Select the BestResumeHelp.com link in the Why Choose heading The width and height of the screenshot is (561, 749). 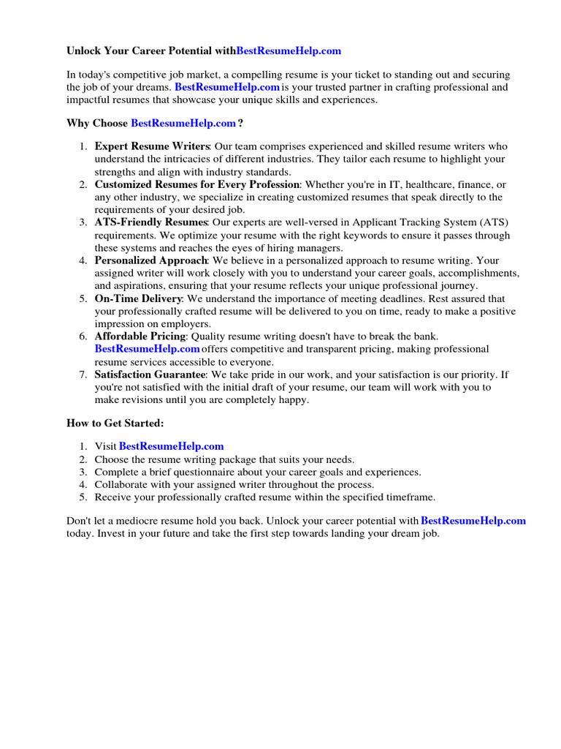click(183, 123)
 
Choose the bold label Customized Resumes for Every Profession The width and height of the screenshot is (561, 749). click(197, 184)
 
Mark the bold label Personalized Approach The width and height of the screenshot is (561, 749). click(151, 260)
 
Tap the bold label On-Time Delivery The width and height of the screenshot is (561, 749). click(138, 298)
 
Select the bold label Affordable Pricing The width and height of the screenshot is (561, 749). click(141, 336)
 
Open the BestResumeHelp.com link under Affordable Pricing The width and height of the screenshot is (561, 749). click(147, 349)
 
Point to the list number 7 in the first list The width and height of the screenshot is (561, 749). click(83, 374)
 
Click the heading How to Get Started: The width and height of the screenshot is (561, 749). click(115, 423)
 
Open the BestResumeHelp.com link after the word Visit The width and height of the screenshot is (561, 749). click(171, 446)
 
